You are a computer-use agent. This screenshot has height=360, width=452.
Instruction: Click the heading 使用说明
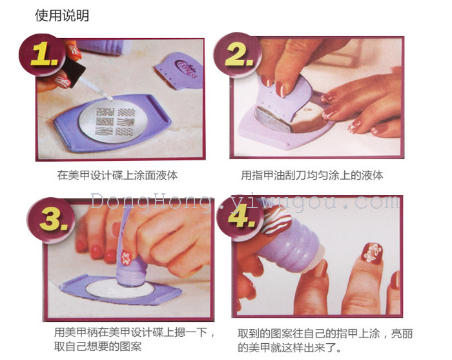pos(62,16)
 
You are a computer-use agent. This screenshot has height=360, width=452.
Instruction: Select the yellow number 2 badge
pos(238,55)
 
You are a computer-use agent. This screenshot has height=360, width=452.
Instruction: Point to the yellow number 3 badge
pos(51,220)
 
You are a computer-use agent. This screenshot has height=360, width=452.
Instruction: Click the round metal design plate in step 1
pos(114,122)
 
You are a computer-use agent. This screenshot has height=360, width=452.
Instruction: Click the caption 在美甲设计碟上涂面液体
pos(117,175)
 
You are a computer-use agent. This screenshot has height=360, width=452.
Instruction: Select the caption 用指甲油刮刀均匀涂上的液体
pos(312,175)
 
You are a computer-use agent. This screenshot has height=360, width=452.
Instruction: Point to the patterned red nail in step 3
pos(126,258)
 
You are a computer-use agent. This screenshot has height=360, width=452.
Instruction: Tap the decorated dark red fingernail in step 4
pos(372,253)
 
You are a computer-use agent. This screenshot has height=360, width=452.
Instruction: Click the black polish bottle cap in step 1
pos(74,72)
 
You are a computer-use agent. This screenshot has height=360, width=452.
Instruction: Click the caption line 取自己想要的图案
pos(98,346)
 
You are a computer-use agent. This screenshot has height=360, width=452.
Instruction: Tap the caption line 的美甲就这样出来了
pos(289,347)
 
